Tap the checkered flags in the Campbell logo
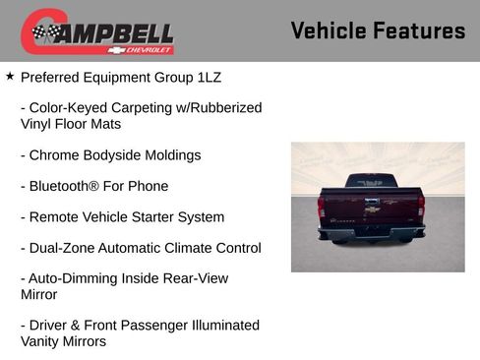pos(43,33)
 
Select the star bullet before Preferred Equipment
pos(10,76)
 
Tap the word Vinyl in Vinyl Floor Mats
pos(37,125)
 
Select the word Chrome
pos(57,155)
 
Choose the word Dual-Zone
pos(62,249)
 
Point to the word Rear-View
pos(193,279)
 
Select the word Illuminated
pos(213,326)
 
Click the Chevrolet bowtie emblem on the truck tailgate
pos(372,210)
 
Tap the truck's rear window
pos(371,182)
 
